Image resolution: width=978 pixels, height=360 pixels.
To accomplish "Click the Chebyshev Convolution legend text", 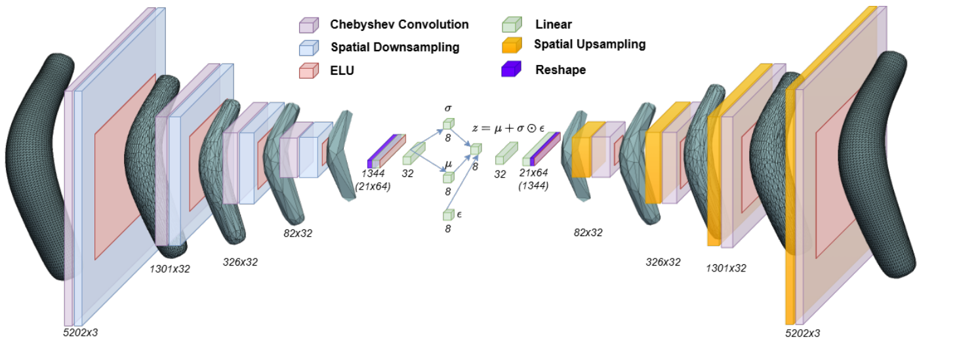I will pyautogui.click(x=399, y=25).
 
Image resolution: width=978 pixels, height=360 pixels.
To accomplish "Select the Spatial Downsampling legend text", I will pyautogui.click(x=395, y=47).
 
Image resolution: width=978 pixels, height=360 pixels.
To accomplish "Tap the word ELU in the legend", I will pyautogui.click(x=342, y=70).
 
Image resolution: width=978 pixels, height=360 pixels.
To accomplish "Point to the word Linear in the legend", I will pyautogui.click(x=554, y=25).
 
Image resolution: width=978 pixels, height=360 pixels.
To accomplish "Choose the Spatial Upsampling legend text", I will pyautogui.click(x=590, y=45).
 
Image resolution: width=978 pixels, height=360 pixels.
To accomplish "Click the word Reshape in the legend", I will pyautogui.click(x=560, y=70).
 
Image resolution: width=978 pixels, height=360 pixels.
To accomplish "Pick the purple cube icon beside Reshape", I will pyautogui.click(x=511, y=69).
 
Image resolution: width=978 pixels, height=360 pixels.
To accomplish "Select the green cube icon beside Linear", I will pyautogui.click(x=511, y=25).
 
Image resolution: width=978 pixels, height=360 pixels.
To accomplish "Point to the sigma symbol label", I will pyautogui.click(x=448, y=108).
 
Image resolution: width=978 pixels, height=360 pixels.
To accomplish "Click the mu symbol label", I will pyautogui.click(x=448, y=164).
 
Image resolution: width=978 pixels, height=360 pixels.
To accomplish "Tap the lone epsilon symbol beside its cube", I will pyautogui.click(x=459, y=214).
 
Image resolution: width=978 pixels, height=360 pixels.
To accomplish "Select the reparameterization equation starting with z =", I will pyautogui.click(x=508, y=129).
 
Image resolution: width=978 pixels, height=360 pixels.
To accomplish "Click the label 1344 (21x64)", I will pyautogui.click(x=373, y=179).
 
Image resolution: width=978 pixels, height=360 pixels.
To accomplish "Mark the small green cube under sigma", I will pyautogui.click(x=448, y=124).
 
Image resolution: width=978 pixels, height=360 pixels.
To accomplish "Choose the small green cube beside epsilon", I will pyautogui.click(x=448, y=214).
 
